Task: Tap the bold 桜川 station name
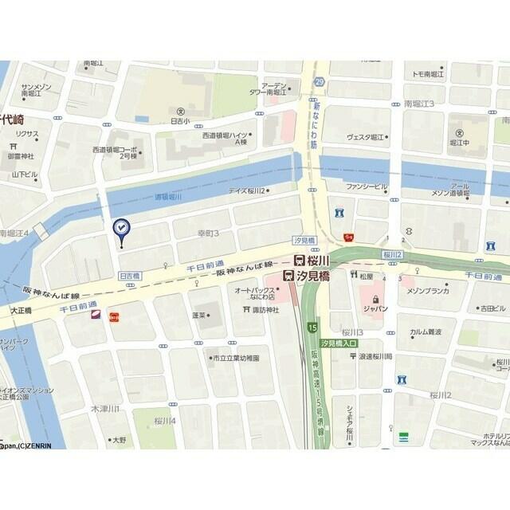[320, 260]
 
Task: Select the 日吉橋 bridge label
[130, 275]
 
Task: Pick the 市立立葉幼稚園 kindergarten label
[235, 359]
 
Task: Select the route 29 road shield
[320, 82]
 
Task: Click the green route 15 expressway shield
[313, 328]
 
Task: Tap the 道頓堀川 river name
[168, 195]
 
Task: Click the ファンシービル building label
[367, 187]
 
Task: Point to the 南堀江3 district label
[419, 104]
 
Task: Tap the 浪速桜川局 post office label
[375, 357]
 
